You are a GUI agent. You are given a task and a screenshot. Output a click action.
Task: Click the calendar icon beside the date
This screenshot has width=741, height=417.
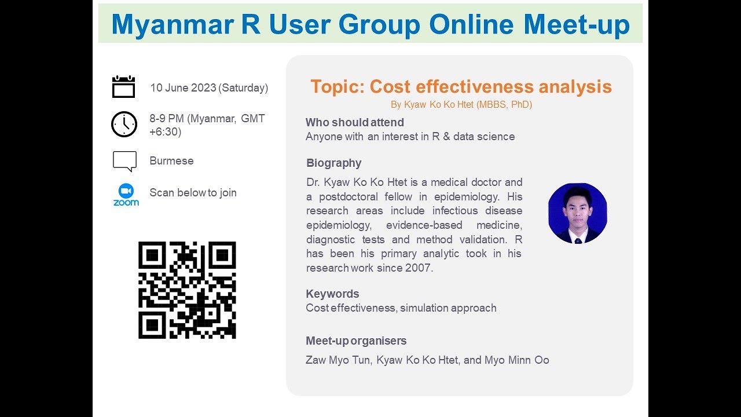click(x=123, y=87)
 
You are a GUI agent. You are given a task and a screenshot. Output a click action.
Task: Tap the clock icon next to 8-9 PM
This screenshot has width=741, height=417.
click(x=124, y=125)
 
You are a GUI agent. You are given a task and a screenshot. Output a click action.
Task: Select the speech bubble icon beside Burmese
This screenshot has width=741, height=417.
click(x=124, y=161)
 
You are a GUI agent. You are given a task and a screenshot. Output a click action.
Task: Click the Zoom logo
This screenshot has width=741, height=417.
click(x=126, y=195)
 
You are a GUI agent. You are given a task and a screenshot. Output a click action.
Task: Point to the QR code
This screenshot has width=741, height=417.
click(x=187, y=290)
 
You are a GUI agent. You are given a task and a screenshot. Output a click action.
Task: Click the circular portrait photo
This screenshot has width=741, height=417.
click(x=577, y=213)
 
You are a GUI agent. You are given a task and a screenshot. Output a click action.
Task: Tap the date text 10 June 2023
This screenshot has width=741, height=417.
click(x=183, y=88)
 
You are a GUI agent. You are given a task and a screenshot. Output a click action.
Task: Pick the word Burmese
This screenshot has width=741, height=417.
click(x=171, y=161)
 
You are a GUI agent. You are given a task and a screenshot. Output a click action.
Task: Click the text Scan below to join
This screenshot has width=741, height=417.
click(x=193, y=193)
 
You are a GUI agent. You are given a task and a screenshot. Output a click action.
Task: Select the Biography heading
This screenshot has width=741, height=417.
click(x=333, y=163)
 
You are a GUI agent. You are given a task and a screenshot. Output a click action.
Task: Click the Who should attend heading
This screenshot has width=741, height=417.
click(x=354, y=123)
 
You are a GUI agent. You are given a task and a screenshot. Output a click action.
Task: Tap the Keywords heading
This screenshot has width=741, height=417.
click(x=332, y=294)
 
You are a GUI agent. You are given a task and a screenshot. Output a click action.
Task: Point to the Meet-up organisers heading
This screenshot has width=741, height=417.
click(x=356, y=341)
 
